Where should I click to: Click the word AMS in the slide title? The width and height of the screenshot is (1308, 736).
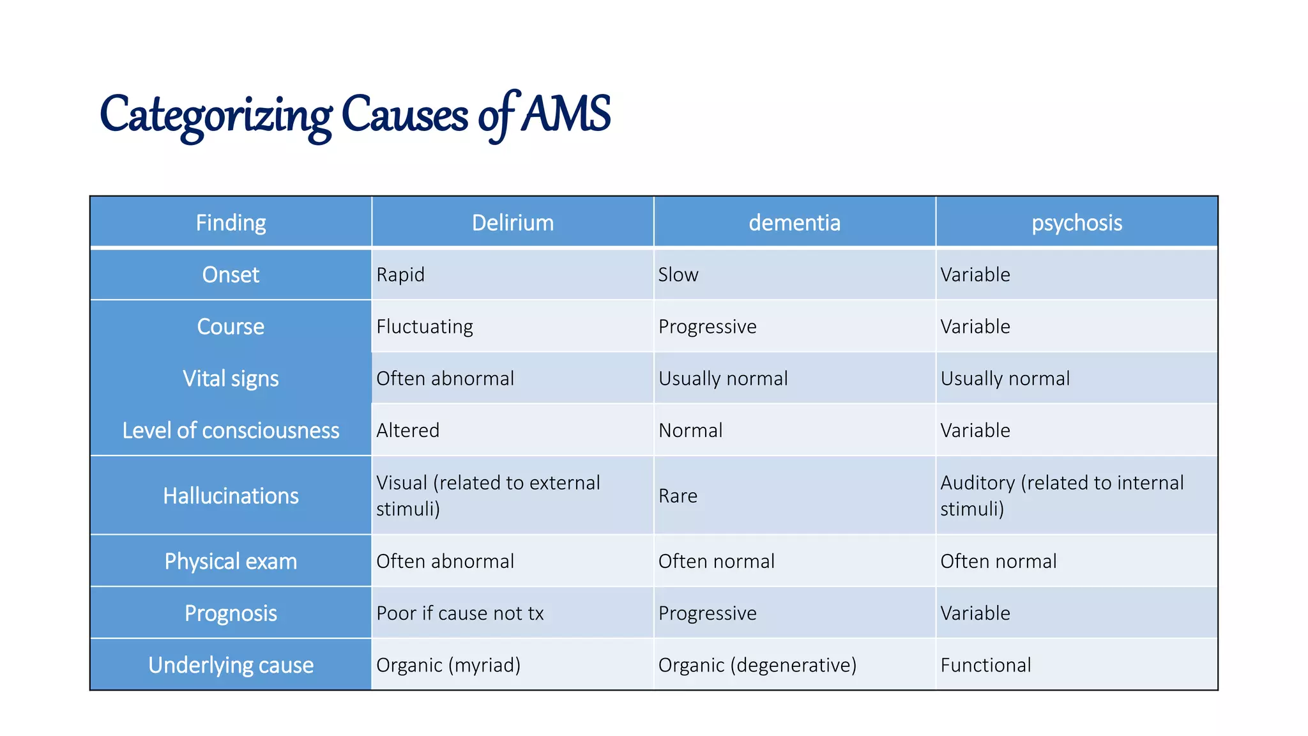[566, 114]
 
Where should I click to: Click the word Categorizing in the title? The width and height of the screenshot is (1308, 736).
[216, 115]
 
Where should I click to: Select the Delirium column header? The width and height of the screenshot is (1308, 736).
[513, 222]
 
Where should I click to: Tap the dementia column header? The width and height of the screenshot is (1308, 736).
[795, 222]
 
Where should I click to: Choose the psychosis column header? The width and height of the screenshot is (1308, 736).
[1077, 222]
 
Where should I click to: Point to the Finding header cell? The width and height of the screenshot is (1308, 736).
[231, 222]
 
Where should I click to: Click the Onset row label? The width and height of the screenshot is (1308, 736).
[231, 275]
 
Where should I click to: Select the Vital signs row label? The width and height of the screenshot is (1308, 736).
[231, 378]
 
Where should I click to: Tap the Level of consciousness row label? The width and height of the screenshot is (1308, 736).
[231, 431]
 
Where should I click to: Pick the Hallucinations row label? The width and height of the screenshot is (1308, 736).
[231, 496]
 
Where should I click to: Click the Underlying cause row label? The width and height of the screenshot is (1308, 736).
[231, 665]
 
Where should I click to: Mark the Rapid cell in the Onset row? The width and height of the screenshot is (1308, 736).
[400, 275]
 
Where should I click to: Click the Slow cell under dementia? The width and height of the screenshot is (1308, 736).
[678, 275]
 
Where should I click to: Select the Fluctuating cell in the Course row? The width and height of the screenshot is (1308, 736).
[425, 326]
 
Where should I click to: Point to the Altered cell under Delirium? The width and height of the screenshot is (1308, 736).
[408, 431]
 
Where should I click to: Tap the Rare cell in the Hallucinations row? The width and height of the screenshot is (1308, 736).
[678, 496]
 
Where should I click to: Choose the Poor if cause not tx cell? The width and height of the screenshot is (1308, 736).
[460, 613]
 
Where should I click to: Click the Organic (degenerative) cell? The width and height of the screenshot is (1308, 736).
[757, 665]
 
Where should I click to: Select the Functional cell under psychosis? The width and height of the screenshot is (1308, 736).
[985, 665]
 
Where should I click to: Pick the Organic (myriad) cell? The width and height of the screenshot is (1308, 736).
[448, 665]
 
